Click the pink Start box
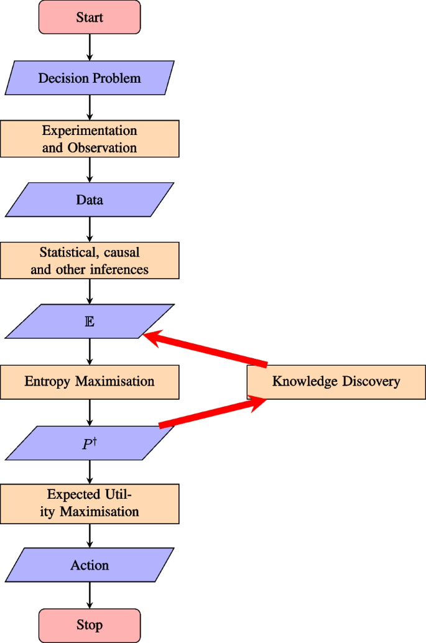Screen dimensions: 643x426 click(90, 17)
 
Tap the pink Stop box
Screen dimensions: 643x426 click(90, 625)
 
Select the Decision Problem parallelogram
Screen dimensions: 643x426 click(90, 78)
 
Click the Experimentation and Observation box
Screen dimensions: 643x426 click(90, 139)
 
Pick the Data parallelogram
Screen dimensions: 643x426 click(90, 200)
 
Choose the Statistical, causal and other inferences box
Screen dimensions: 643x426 click(90, 261)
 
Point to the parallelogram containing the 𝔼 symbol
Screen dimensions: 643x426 click(90, 321)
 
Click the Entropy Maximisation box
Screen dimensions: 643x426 click(90, 381)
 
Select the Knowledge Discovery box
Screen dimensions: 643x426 click(336, 381)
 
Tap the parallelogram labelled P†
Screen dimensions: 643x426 click(90, 443)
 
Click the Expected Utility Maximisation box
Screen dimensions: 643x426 click(90, 504)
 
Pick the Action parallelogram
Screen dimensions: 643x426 click(90, 565)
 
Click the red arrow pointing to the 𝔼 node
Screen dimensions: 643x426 click(205, 349)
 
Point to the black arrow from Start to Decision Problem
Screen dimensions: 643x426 click(90, 47)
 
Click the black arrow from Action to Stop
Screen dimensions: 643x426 click(90, 595)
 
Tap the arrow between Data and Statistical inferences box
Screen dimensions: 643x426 click(90, 229)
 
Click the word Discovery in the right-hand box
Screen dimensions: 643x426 click(368, 381)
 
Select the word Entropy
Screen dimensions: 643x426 click(48, 381)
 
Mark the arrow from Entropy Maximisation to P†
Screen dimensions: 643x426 click(90, 412)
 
